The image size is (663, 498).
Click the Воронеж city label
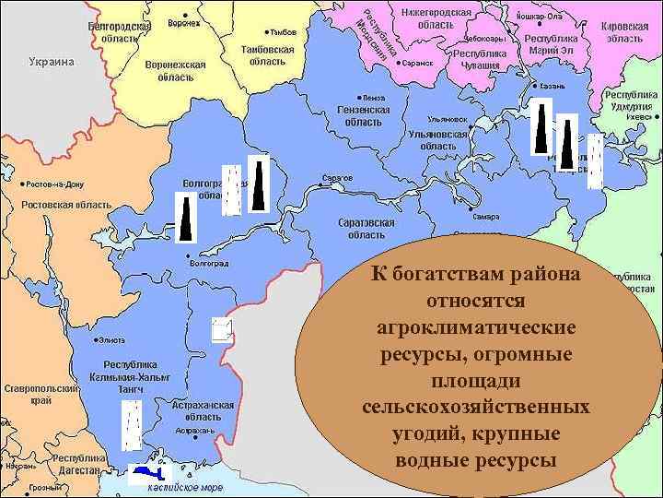[x=184, y=22]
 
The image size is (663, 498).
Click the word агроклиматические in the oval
[x=476, y=327]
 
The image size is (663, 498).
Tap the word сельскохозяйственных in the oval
[x=476, y=406]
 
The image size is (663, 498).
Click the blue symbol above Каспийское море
[x=148, y=472]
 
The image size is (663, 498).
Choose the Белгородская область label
[x=119, y=32]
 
